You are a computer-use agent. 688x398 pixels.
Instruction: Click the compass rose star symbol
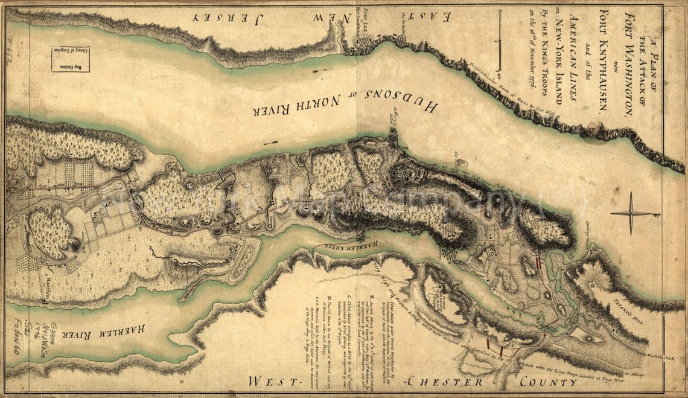pos(632,213)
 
